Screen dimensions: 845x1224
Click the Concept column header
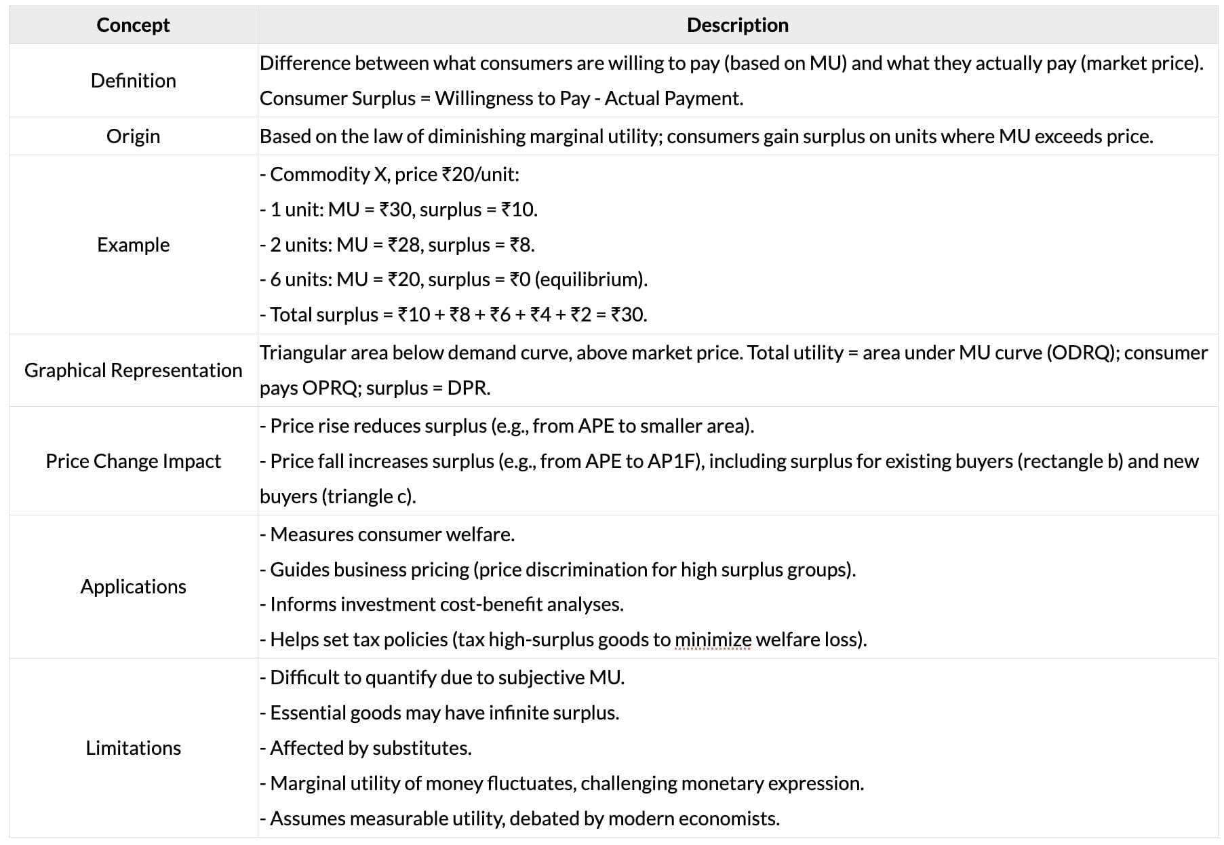click(x=133, y=25)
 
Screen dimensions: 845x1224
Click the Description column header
click(x=737, y=25)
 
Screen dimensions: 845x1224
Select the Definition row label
click(x=133, y=81)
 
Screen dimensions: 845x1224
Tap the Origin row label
click(x=133, y=136)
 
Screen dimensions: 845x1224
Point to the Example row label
click(x=133, y=245)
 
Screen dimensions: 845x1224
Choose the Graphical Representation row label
click(x=133, y=370)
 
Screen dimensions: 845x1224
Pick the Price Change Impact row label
click(x=133, y=461)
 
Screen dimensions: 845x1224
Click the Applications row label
click(x=133, y=587)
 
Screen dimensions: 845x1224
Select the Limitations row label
click(x=133, y=748)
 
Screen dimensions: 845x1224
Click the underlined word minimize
click(x=713, y=640)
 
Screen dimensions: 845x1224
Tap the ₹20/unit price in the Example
click(x=480, y=174)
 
